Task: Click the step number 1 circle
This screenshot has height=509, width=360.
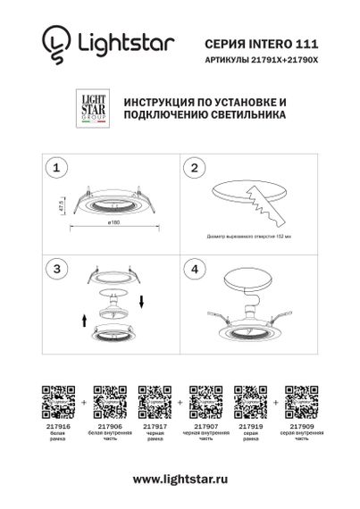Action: [56, 166]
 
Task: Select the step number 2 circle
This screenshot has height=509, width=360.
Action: [197, 166]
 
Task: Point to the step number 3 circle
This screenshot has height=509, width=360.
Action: [56, 268]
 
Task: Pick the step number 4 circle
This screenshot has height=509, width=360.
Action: [197, 268]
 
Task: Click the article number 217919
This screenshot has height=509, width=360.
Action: [246, 428]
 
